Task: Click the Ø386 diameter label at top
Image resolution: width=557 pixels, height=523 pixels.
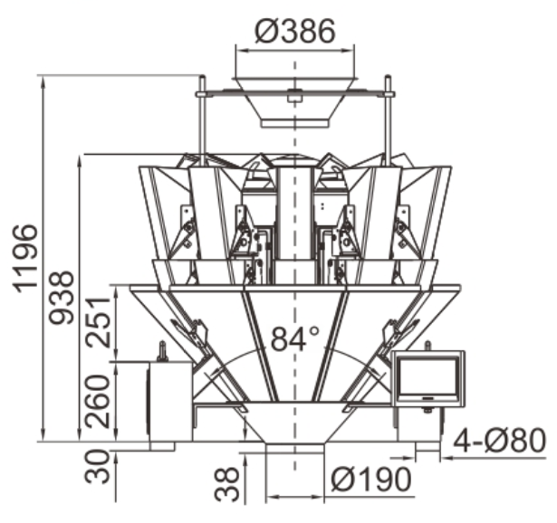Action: (x=295, y=31)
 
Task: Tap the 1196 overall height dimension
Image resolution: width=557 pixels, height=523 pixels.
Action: (x=25, y=259)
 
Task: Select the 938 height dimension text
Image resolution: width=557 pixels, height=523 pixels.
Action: (x=61, y=298)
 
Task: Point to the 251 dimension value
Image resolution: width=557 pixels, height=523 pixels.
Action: (x=99, y=321)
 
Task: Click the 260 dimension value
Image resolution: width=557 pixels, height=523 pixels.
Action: (x=97, y=401)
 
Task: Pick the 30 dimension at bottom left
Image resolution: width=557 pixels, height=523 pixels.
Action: (x=97, y=466)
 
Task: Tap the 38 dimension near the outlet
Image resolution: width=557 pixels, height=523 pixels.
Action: (x=227, y=484)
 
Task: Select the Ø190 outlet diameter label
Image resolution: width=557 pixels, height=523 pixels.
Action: (x=371, y=480)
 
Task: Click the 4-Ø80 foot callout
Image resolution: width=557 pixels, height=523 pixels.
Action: (x=499, y=441)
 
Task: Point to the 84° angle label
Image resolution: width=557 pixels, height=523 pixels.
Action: (x=295, y=338)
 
